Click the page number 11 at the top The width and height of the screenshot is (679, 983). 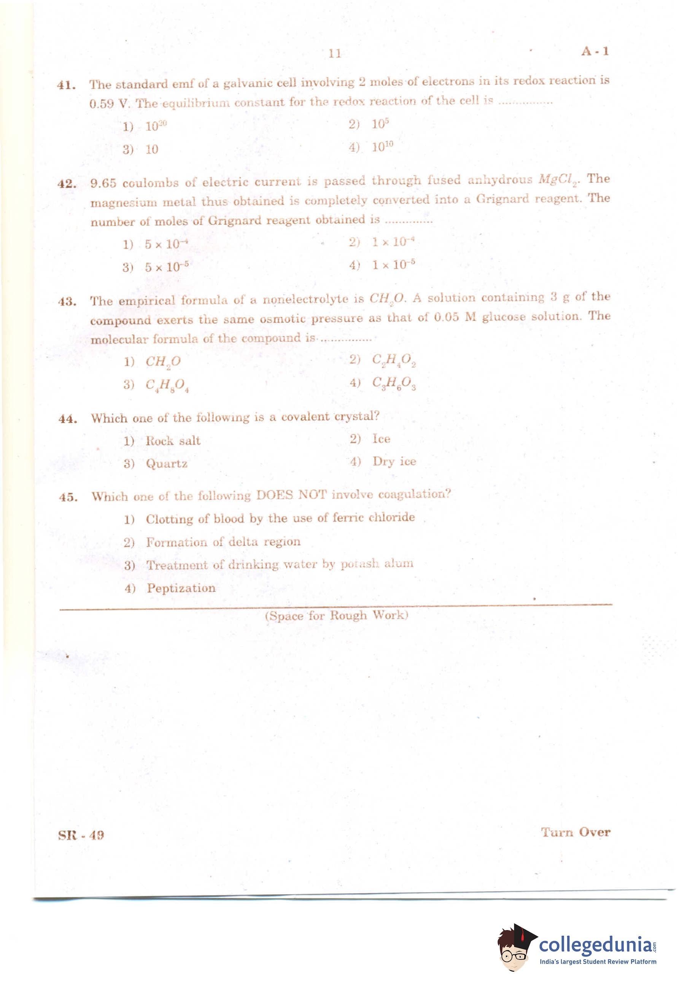pos(335,54)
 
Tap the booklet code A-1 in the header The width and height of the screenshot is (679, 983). pos(595,51)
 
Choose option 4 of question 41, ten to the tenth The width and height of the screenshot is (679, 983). pos(382,147)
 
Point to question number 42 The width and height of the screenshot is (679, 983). pos(67,183)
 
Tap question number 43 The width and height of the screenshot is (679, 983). pos(67,302)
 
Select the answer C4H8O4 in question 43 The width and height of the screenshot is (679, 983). pos(167,385)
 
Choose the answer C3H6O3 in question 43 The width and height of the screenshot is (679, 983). pos(394,383)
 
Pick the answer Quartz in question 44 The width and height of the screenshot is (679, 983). pos(166,464)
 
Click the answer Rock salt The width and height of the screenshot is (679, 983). pos(173,441)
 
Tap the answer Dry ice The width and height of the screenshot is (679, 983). pos(394,461)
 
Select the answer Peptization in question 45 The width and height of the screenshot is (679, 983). pos(181,588)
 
